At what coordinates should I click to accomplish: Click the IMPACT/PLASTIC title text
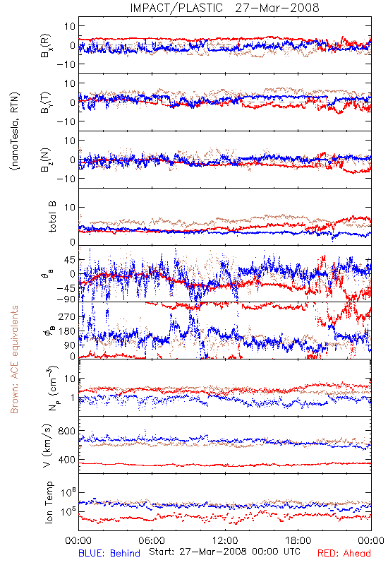click(x=176, y=8)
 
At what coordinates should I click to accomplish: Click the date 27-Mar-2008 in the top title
click(x=277, y=8)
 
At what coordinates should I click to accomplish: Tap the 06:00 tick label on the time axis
click(x=152, y=540)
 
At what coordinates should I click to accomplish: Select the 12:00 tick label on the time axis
click(x=225, y=540)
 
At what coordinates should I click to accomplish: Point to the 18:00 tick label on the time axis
click(x=298, y=540)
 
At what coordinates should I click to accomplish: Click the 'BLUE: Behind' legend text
click(x=109, y=553)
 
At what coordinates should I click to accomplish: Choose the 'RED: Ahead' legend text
click(x=344, y=553)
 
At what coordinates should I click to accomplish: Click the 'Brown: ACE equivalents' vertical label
click(x=14, y=359)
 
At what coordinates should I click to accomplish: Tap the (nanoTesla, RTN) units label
click(x=15, y=131)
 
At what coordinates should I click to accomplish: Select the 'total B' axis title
click(x=52, y=217)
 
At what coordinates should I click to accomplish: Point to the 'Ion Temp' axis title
click(x=49, y=502)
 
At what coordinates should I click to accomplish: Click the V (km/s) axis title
click(x=48, y=446)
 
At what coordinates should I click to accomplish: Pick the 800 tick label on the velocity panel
click(x=66, y=431)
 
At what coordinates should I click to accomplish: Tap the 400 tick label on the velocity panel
click(x=66, y=460)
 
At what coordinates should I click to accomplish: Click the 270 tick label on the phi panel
click(x=67, y=316)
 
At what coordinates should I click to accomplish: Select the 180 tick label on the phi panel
click(x=67, y=331)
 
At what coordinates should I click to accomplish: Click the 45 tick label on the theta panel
click(x=70, y=260)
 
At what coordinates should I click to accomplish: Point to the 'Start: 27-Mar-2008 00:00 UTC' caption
click(x=224, y=552)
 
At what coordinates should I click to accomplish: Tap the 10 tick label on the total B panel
click(x=70, y=207)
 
